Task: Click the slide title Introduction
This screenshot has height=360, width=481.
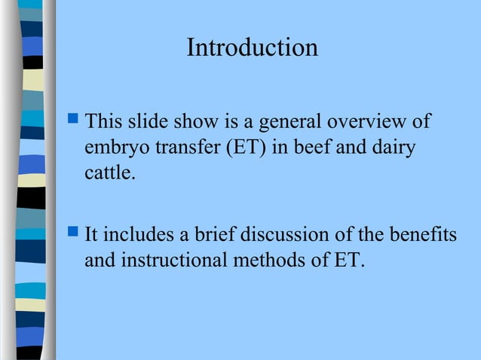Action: point(252,48)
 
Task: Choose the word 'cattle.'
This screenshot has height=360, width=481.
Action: point(111,175)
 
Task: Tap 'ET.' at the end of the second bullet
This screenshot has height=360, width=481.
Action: point(348,261)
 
